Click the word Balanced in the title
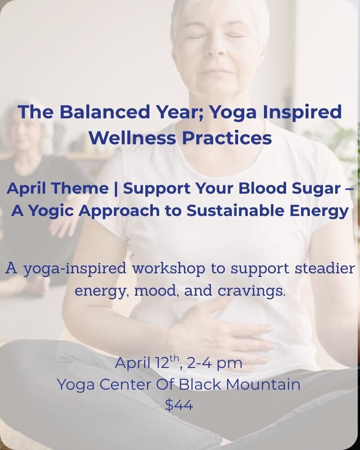tap(104, 112)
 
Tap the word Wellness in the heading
tap(132, 138)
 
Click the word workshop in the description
tap(168, 269)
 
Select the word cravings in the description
tap(251, 291)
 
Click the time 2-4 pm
tap(215, 363)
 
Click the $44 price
tap(179, 405)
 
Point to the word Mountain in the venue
tap(263, 384)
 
